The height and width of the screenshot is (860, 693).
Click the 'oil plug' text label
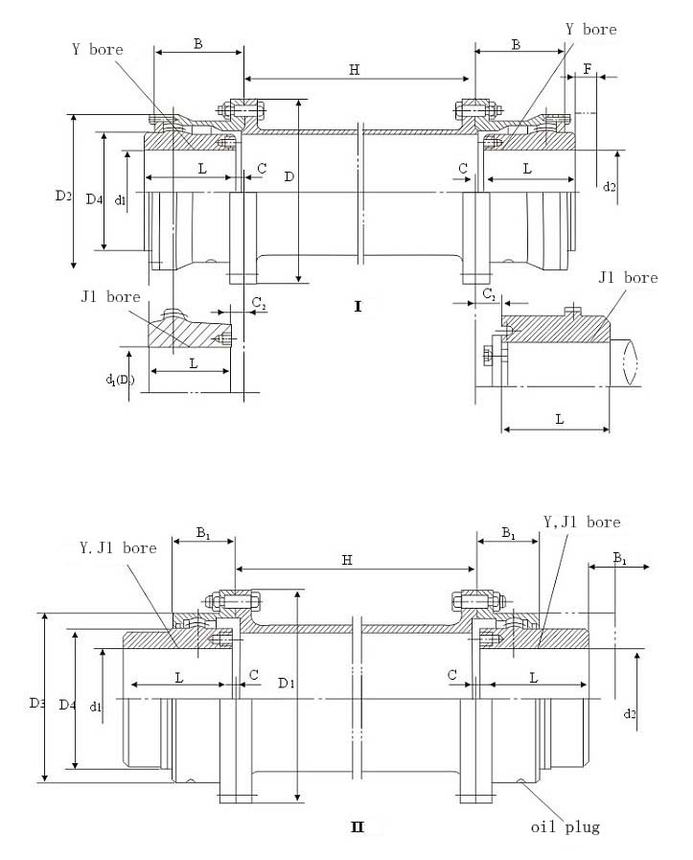(566, 826)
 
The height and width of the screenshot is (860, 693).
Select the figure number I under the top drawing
(358, 307)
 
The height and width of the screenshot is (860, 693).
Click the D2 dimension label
(63, 196)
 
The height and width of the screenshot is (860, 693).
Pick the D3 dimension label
(36, 703)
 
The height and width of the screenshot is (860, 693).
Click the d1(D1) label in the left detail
(121, 380)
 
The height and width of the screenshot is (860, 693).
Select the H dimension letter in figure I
(354, 69)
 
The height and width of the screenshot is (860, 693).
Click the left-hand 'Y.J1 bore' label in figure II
(118, 548)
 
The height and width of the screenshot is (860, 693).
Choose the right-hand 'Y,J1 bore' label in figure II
(582, 522)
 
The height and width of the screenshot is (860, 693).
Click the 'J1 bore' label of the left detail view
(110, 296)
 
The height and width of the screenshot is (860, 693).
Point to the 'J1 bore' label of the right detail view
(627, 278)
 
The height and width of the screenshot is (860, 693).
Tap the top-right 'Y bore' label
(590, 30)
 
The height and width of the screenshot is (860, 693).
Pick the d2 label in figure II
(630, 713)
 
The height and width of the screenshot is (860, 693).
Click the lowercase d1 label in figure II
(96, 707)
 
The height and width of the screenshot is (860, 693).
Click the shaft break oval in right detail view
(630, 362)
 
